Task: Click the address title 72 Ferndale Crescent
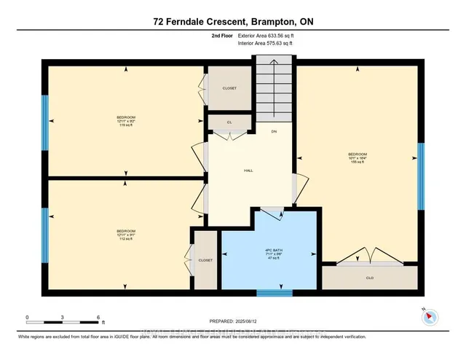[232, 21]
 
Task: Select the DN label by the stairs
[274, 132]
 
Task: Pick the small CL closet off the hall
[229, 122]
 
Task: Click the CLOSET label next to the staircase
[229, 88]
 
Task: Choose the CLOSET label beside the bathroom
[205, 259]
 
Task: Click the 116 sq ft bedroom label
[126, 121]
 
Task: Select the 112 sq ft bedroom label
[126, 235]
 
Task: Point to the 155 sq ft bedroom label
[357, 158]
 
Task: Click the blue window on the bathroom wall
[274, 293]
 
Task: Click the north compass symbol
[429, 316]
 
